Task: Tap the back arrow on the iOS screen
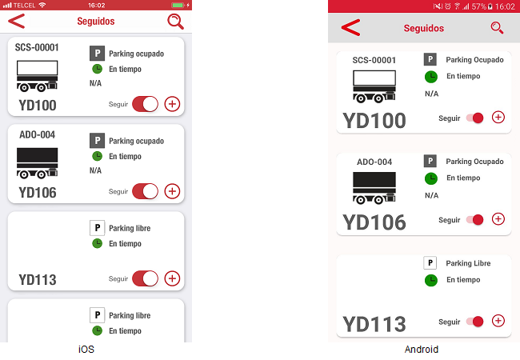(17, 21)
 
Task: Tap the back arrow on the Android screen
(350, 27)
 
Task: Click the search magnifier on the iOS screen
(175, 22)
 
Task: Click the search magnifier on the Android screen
(497, 28)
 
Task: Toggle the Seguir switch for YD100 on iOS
(146, 104)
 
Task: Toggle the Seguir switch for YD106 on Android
(474, 219)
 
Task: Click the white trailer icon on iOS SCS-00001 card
(37, 76)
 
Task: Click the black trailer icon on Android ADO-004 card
(374, 188)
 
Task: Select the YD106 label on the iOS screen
(38, 193)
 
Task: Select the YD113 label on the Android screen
(374, 324)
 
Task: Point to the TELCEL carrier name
(24, 6)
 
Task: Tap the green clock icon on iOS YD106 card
(97, 156)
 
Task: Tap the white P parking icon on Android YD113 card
(430, 263)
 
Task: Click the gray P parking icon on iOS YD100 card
(97, 54)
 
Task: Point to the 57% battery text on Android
(479, 6)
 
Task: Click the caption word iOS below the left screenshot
(86, 350)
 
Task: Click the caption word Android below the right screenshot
(422, 350)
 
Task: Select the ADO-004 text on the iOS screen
(37, 134)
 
